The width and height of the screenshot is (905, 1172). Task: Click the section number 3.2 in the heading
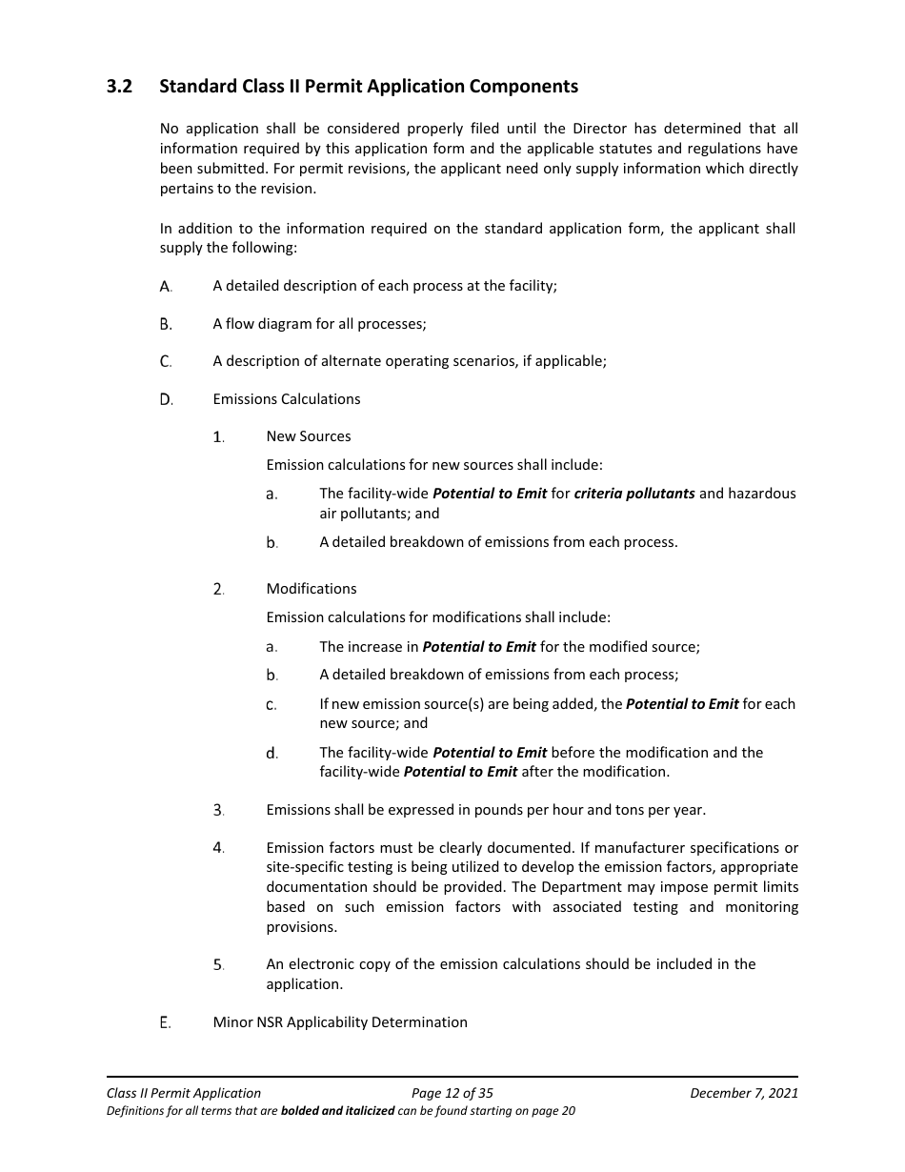[119, 87]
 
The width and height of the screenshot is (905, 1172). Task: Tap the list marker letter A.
[166, 286]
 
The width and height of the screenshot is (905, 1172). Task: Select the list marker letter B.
[166, 324]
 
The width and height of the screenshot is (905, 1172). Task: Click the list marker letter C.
[166, 361]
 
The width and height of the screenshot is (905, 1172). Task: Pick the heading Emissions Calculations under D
[287, 399]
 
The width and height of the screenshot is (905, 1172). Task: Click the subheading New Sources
[309, 436]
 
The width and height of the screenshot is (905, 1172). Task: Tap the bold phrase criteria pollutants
[634, 494]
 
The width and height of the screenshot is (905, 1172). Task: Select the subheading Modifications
[312, 589]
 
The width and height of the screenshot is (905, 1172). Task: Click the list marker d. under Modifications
[271, 754]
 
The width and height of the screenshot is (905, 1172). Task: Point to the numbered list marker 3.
[218, 811]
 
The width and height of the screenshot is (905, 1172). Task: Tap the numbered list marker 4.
[218, 848]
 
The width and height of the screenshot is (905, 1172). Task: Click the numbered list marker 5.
[218, 965]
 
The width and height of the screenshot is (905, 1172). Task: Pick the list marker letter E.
[166, 1022]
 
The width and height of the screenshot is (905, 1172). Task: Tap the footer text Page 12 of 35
[452, 1093]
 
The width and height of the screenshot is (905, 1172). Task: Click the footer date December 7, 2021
[744, 1093]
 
